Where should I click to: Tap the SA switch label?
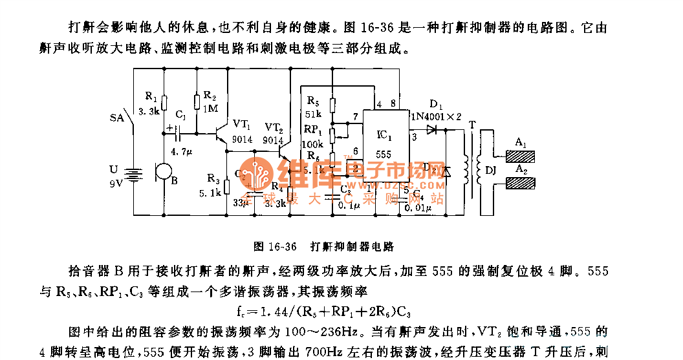(x=117, y=118)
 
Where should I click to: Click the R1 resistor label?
(x=151, y=96)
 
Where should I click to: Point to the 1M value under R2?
(x=210, y=109)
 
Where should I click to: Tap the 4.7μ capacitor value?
(x=183, y=150)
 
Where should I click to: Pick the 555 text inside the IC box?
(x=384, y=155)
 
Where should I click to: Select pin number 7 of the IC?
(x=355, y=116)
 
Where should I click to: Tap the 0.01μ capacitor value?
(x=417, y=207)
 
